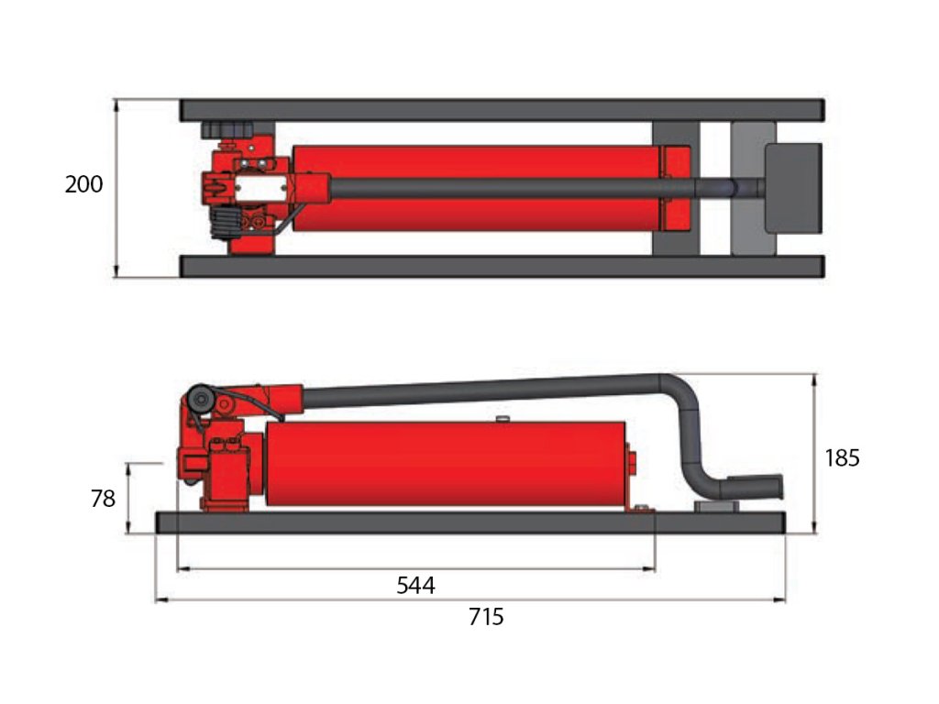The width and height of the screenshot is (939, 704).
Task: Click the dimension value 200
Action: [x=83, y=183]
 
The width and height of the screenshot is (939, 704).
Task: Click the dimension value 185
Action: [x=842, y=458]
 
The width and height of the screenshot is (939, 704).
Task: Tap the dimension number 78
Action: [x=103, y=498]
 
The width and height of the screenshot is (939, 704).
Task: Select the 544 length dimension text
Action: [x=415, y=585]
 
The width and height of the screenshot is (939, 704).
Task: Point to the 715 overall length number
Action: [x=486, y=616]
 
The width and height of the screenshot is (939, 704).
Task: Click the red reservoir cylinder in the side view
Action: [x=447, y=464]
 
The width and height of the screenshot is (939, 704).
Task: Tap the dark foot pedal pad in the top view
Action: [x=793, y=188]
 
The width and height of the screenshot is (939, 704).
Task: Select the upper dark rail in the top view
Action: [x=502, y=111]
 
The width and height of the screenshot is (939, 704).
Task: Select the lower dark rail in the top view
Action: [x=502, y=267]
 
